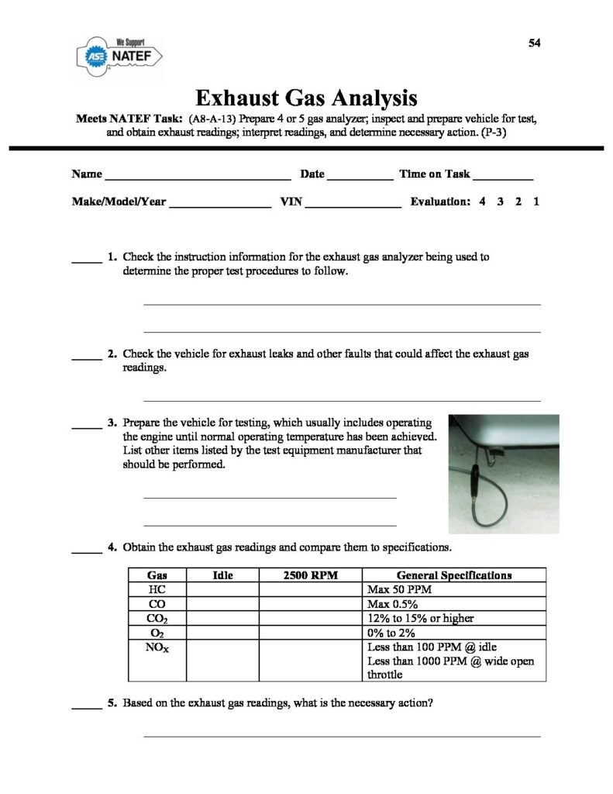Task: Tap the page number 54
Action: click(x=534, y=43)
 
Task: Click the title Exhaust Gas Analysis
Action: click(x=306, y=98)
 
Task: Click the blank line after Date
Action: click(x=360, y=178)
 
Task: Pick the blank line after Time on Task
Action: click(x=504, y=178)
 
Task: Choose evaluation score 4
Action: click(x=482, y=202)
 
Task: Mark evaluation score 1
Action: click(x=536, y=202)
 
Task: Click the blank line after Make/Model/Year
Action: click(x=220, y=205)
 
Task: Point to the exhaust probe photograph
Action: click(x=504, y=473)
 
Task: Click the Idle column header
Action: click(x=222, y=575)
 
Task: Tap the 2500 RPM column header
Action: click(x=310, y=575)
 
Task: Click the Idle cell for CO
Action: click(x=222, y=604)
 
